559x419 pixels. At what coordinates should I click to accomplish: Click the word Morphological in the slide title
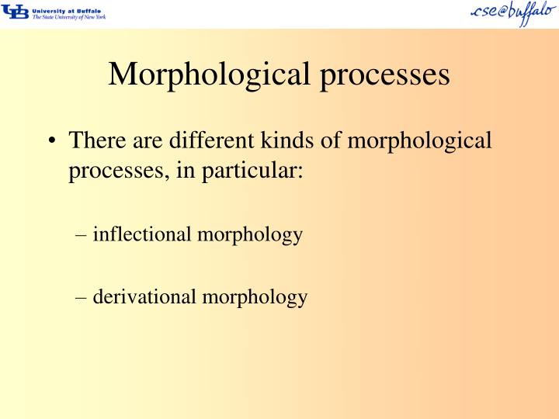(x=206, y=74)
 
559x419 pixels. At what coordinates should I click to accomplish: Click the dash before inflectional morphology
(x=83, y=234)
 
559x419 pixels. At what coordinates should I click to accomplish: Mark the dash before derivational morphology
(x=83, y=296)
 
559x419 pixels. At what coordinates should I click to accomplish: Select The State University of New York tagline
(x=68, y=17)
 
